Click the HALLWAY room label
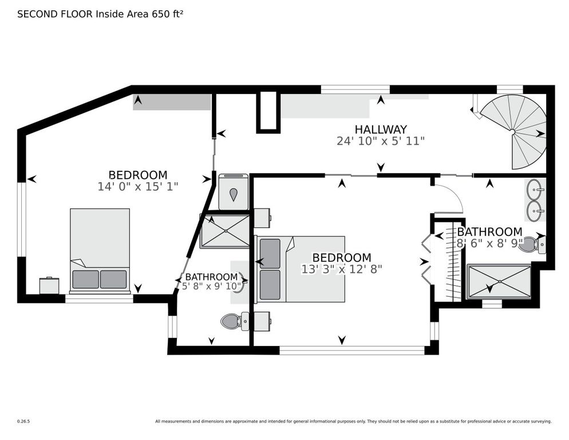pyautogui.click(x=380, y=129)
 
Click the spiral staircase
pyautogui.click(x=515, y=132)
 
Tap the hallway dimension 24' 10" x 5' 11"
pyautogui.click(x=380, y=141)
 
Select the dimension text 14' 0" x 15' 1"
pyautogui.click(x=138, y=186)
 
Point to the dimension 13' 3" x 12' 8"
pyautogui.click(x=341, y=268)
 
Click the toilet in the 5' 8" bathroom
pyautogui.click(x=234, y=321)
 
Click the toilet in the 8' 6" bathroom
pyautogui.click(x=536, y=245)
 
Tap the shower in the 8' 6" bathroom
pyautogui.click(x=500, y=281)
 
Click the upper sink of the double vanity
pyautogui.click(x=535, y=188)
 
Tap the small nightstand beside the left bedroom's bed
pyautogui.click(x=49, y=285)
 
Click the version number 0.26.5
pyautogui.click(x=23, y=421)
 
